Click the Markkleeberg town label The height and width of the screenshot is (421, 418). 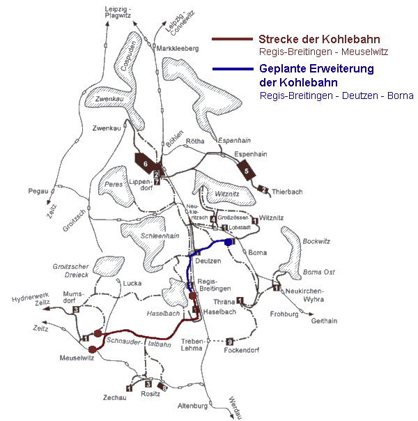pyautogui.click(x=178, y=49)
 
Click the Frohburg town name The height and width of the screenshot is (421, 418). pyautogui.click(x=284, y=314)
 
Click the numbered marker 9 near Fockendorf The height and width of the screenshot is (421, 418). pyautogui.click(x=229, y=341)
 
